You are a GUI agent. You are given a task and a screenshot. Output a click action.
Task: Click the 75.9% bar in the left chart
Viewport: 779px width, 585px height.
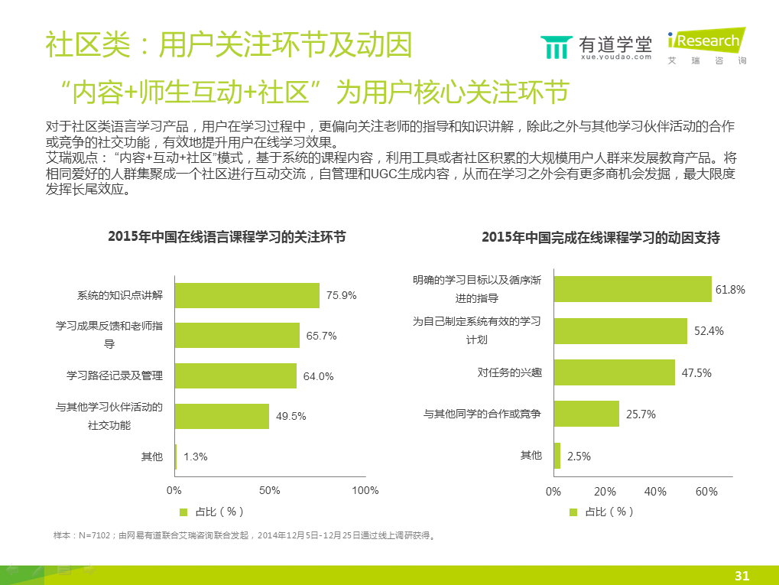(247, 295)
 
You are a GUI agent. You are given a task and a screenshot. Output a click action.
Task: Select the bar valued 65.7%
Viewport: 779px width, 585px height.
(237, 335)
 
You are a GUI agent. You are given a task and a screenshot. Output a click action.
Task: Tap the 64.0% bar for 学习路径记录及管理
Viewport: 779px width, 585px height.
(235, 375)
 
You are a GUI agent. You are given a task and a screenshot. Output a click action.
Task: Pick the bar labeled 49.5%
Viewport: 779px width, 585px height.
(222, 416)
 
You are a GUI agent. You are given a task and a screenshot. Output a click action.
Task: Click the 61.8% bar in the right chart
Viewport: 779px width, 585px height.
(632, 289)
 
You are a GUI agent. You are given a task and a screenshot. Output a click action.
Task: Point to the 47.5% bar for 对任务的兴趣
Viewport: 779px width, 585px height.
(614, 372)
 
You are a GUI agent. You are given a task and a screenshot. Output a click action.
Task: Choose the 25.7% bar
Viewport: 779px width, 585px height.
(586, 414)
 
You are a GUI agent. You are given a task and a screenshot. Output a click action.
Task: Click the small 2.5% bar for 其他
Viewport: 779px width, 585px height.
(557, 455)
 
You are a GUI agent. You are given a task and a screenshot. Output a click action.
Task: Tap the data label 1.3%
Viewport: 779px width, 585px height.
(196, 457)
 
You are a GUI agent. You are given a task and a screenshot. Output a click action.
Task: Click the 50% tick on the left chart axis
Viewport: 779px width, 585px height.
(270, 490)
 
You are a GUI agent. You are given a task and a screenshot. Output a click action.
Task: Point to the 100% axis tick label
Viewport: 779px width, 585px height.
(365, 490)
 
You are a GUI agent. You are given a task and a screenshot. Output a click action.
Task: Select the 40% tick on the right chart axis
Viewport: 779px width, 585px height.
(655, 492)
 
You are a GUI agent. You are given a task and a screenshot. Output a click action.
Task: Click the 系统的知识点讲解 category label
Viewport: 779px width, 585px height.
(120, 295)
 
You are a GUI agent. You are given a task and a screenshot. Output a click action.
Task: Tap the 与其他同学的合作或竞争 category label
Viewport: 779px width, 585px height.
(482, 414)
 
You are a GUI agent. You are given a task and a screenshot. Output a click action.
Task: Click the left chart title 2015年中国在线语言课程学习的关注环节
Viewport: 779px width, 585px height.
(227, 237)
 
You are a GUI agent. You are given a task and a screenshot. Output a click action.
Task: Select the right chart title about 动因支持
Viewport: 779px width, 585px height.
(601, 237)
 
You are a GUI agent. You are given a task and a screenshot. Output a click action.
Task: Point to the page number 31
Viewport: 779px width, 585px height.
(742, 575)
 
